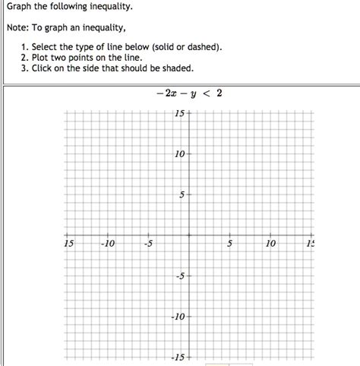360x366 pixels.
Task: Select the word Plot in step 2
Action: (x=43, y=57)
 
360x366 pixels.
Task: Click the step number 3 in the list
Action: (x=25, y=67)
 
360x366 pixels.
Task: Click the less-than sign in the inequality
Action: (x=205, y=94)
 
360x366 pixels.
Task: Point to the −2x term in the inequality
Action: (x=162, y=94)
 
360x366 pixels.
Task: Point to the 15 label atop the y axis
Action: (x=179, y=114)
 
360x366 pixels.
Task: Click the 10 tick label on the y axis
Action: (x=179, y=154)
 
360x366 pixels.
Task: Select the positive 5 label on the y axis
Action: (x=182, y=194)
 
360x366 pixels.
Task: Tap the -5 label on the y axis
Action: (x=180, y=276)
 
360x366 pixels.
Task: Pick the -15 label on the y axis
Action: (x=178, y=356)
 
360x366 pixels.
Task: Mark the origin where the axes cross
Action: (x=189, y=235)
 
